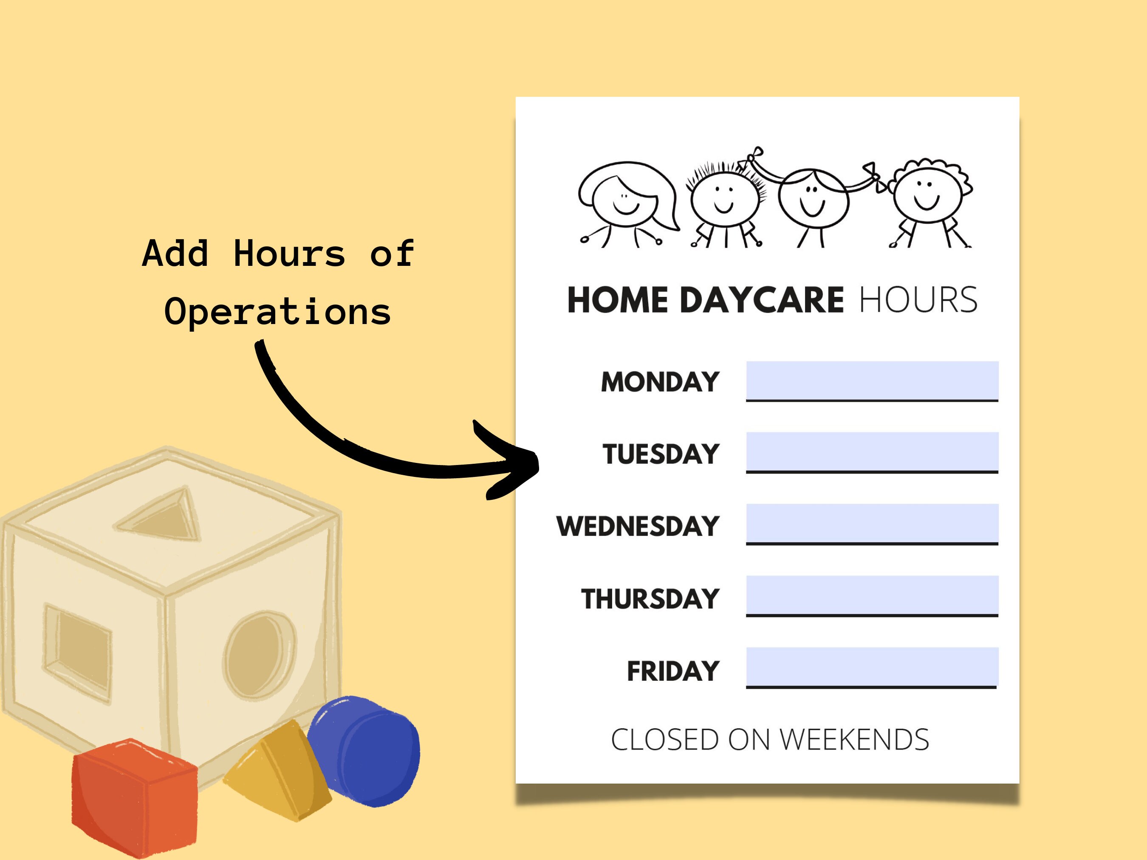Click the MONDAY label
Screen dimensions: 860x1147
[x=660, y=382]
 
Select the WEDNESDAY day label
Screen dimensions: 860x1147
[x=638, y=526]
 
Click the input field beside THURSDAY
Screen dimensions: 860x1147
[x=872, y=595]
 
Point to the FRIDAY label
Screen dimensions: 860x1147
[x=673, y=671]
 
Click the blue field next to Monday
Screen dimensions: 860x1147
[x=872, y=380]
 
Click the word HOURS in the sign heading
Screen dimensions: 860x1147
[x=918, y=300]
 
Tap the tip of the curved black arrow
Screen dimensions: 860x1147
[x=537, y=461]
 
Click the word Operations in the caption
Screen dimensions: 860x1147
[x=277, y=312]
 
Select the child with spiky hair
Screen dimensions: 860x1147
[x=724, y=200]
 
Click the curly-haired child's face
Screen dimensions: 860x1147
[x=927, y=195]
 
